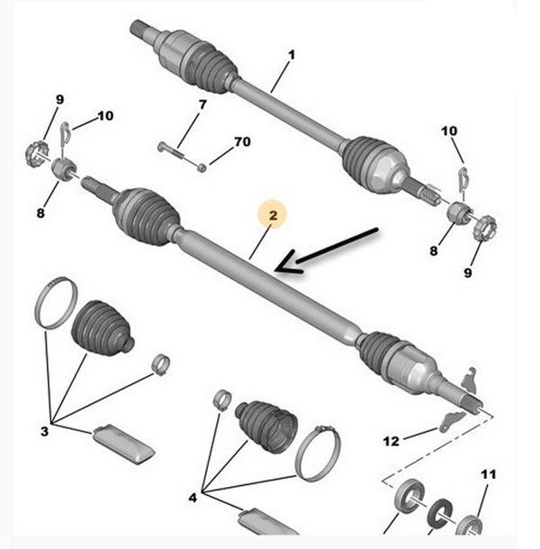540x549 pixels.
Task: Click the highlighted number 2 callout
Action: pos(274,214)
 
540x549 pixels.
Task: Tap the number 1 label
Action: pos(292,55)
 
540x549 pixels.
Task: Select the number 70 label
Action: pos(242,142)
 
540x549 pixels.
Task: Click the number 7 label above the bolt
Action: pos(202,104)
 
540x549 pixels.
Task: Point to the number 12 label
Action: pos(391,441)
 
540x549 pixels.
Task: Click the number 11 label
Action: pos(489,474)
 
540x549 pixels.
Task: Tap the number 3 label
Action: pos(44,431)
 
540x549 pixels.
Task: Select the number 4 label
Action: pos(193,498)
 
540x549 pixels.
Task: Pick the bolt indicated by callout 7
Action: pos(172,150)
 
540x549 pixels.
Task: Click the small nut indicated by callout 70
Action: pos(201,167)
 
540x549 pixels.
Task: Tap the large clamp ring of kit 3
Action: pos(56,303)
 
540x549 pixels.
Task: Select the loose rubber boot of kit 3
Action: pos(103,328)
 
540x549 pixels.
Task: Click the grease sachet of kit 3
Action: pos(123,445)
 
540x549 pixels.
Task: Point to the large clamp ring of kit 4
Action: pos(318,454)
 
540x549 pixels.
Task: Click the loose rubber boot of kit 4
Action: pos(266,425)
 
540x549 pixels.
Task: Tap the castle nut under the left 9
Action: pos(36,153)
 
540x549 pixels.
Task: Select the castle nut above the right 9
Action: pos(484,228)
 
